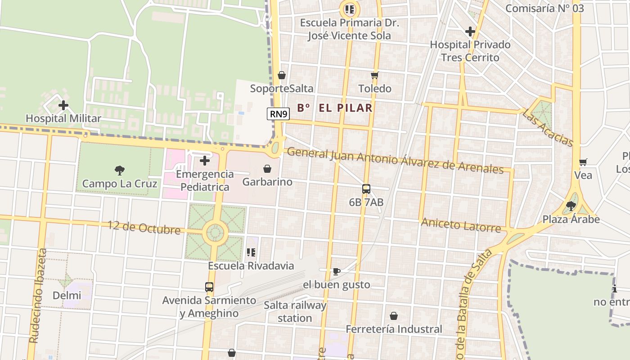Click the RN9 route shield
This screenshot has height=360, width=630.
click(x=278, y=114)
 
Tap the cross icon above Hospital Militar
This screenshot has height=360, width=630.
click(x=63, y=105)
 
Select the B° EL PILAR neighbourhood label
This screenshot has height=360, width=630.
click(x=335, y=108)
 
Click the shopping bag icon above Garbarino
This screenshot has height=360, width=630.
click(x=267, y=169)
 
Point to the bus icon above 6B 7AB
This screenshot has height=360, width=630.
click(x=366, y=189)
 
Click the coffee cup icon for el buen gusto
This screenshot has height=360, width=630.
click(x=336, y=271)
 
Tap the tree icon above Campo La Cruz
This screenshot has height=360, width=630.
click(x=120, y=170)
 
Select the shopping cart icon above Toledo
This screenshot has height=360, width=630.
click(x=374, y=75)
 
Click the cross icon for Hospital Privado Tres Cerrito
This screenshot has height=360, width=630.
click(x=470, y=31)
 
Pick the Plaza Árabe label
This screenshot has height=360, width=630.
click(x=571, y=219)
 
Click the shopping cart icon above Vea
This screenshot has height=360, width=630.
click(x=583, y=162)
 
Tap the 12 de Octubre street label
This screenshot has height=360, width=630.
click(x=144, y=227)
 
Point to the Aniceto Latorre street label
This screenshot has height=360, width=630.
click(x=461, y=225)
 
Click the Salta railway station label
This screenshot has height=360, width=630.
click(x=295, y=311)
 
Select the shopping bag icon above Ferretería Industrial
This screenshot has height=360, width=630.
click(x=394, y=316)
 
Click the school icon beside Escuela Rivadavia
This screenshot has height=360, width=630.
click(x=251, y=252)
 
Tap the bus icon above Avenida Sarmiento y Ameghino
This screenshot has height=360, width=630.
click(x=209, y=287)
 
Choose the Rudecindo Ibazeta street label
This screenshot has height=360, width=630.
click(x=38, y=296)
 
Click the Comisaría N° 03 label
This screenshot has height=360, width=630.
click(x=544, y=8)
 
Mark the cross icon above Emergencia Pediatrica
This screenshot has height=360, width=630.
click(x=205, y=160)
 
